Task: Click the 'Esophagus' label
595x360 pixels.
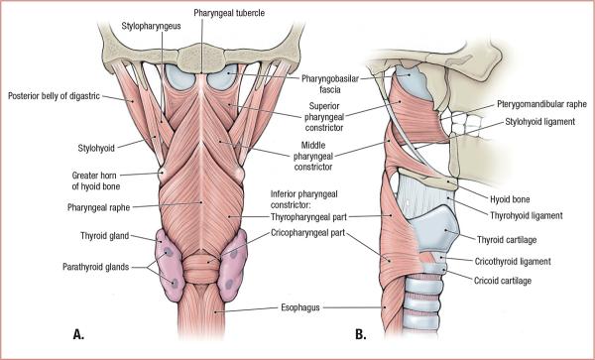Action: tap(304, 307)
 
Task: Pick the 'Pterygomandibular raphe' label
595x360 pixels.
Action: tap(542, 103)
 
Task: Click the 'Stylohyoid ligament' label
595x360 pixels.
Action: tap(542, 122)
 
